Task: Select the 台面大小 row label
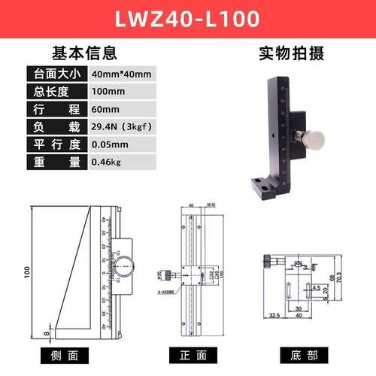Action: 55,74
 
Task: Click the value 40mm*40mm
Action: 121,74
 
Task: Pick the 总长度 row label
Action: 55,91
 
